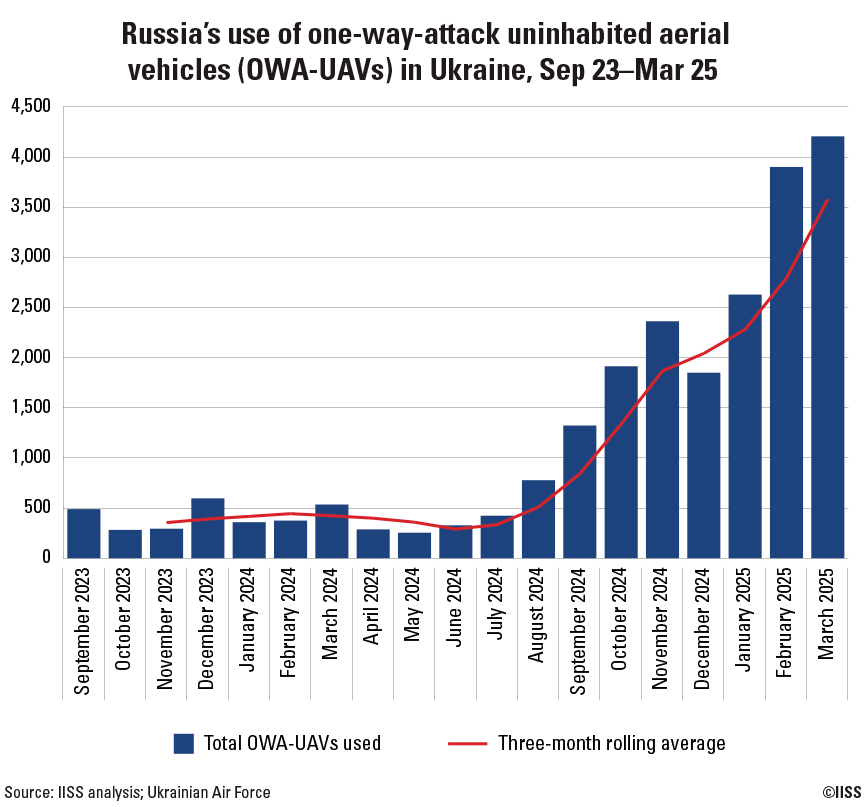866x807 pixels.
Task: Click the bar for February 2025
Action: tap(786, 361)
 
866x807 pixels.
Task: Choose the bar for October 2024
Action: tap(621, 461)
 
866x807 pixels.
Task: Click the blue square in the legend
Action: tap(183, 743)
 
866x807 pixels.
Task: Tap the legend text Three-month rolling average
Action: tap(611, 743)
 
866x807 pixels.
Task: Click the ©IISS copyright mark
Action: tap(841, 792)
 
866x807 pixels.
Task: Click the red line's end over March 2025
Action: tap(827, 200)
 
